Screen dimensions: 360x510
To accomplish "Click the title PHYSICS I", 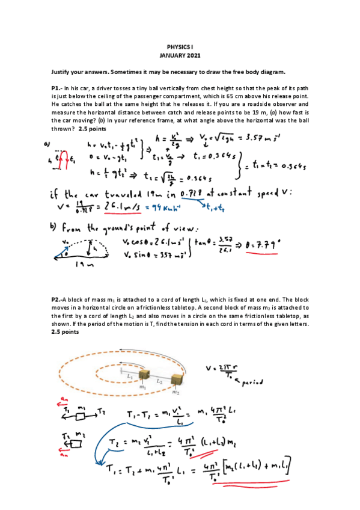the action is click(180, 46).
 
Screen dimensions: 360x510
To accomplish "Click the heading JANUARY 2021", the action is click(180, 55).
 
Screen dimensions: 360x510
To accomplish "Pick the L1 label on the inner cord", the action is click(130, 374).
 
